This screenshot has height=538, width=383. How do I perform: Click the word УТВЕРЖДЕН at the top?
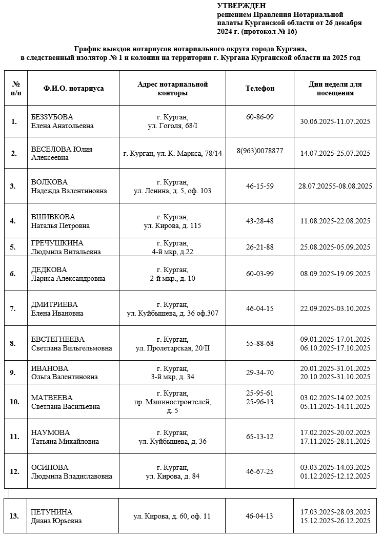pos(241,6)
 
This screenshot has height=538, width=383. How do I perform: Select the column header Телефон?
pos(260,88)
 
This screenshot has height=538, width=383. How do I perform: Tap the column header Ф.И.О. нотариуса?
pos(74,88)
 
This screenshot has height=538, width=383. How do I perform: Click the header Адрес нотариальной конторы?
pos(172,88)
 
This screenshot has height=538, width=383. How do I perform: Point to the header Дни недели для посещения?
pos(335,88)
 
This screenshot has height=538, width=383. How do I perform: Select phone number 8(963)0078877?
pos(260,151)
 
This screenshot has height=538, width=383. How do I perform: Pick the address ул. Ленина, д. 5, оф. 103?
pos(172,191)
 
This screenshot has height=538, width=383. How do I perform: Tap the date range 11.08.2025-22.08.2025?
pos(335,221)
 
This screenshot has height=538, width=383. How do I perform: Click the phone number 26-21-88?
pos(260,247)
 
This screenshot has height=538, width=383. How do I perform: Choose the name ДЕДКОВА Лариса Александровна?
pos(68,274)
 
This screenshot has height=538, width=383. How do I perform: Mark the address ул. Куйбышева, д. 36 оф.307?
pos(172,313)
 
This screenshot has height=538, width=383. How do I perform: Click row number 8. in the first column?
pos(13,343)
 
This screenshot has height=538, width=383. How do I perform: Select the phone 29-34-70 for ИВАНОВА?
pos(260,373)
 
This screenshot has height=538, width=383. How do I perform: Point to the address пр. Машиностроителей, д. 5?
pos(172,402)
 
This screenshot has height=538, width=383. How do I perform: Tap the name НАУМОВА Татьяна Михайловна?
pos(65,437)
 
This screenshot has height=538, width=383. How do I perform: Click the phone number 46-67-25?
pos(260,471)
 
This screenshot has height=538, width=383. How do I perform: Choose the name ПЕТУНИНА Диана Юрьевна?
pos(56,516)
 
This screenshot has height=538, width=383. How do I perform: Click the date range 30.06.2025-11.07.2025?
pos(335,121)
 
